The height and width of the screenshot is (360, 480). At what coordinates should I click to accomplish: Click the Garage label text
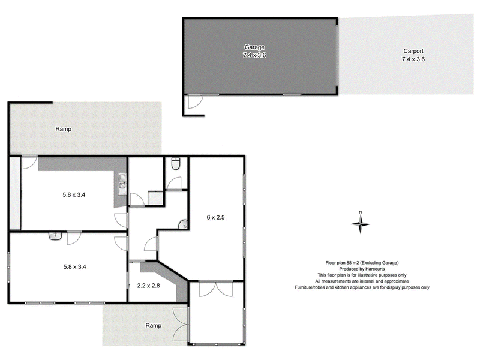click(x=254, y=47)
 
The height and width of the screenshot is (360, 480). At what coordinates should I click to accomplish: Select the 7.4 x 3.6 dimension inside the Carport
click(x=412, y=59)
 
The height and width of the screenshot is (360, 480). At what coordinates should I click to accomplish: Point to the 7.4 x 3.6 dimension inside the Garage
click(x=254, y=55)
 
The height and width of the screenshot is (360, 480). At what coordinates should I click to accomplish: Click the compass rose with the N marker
click(x=361, y=223)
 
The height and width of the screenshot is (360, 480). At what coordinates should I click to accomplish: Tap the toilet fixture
click(x=175, y=163)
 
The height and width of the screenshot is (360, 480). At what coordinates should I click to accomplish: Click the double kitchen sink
click(x=122, y=182)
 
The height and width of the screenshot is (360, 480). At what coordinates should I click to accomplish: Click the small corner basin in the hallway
click(x=183, y=225)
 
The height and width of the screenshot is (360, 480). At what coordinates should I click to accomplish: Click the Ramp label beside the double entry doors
click(x=154, y=325)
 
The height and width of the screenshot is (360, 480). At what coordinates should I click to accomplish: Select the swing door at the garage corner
click(x=194, y=103)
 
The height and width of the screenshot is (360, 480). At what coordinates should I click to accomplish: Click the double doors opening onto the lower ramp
click(x=181, y=324)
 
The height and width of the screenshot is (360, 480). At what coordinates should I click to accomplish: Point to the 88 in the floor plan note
click(x=350, y=263)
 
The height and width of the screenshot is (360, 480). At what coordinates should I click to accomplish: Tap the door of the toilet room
click(x=174, y=184)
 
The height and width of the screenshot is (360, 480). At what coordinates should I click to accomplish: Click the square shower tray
click(x=155, y=198)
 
